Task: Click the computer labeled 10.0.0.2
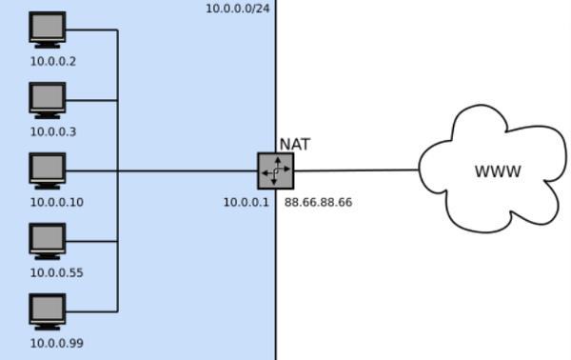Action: click(x=48, y=30)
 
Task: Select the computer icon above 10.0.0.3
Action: click(x=48, y=100)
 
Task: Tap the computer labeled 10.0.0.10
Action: click(x=48, y=170)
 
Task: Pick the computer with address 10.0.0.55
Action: click(x=48, y=241)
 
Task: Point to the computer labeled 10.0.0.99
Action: click(x=48, y=311)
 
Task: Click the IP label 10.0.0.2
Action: click(x=53, y=62)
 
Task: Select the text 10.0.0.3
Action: click(x=53, y=131)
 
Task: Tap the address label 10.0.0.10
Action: click(x=57, y=202)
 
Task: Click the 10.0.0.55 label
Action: click(x=57, y=273)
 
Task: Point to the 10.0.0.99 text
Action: click(x=57, y=343)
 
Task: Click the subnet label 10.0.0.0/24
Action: click(x=238, y=9)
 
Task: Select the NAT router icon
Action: click(x=276, y=170)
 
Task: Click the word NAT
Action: click(x=295, y=145)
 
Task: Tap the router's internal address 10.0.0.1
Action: click(x=246, y=202)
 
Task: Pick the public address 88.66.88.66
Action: click(x=318, y=202)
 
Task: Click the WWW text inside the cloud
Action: click(x=498, y=171)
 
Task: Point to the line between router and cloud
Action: click(x=357, y=170)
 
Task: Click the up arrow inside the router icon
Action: click(x=278, y=163)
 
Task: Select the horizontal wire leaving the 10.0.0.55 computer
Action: click(x=91, y=241)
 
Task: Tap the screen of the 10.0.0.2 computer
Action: click(x=48, y=27)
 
